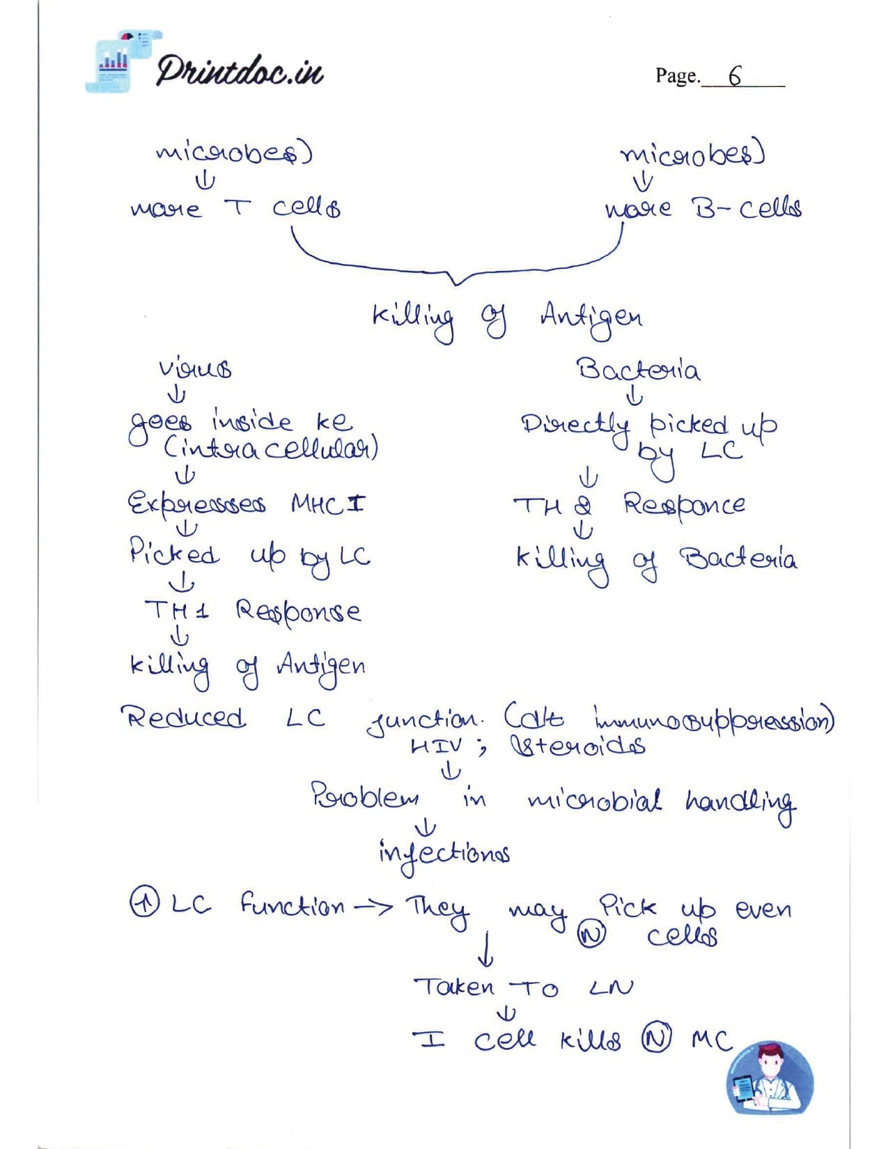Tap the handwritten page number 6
735,75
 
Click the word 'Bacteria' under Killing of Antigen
638,368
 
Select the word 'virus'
195,368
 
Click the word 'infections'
443,852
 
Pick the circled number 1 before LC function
141,905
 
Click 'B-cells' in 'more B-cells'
746,208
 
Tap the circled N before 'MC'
656,1040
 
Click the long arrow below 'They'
488,948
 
